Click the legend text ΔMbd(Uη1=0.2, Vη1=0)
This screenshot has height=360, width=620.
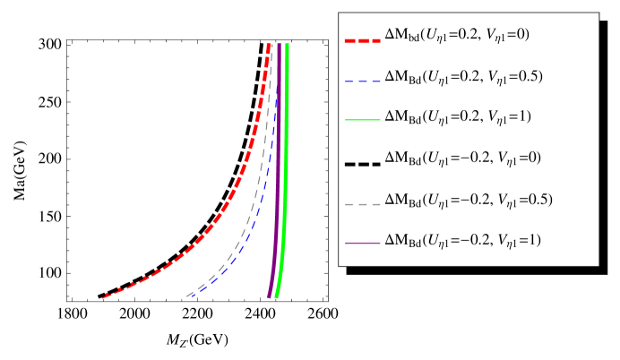pyautogui.click(x=457, y=35)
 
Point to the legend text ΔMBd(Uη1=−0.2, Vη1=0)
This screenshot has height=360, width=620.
pyautogui.click(x=461, y=158)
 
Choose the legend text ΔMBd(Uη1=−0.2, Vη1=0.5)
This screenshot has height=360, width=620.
pyautogui.click(x=468, y=199)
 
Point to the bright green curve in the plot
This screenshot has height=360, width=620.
pyautogui.click(x=285, y=179)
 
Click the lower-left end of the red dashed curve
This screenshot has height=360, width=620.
pyautogui.click(x=105, y=296)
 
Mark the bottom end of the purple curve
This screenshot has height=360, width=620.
pyautogui.click(x=270, y=295)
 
